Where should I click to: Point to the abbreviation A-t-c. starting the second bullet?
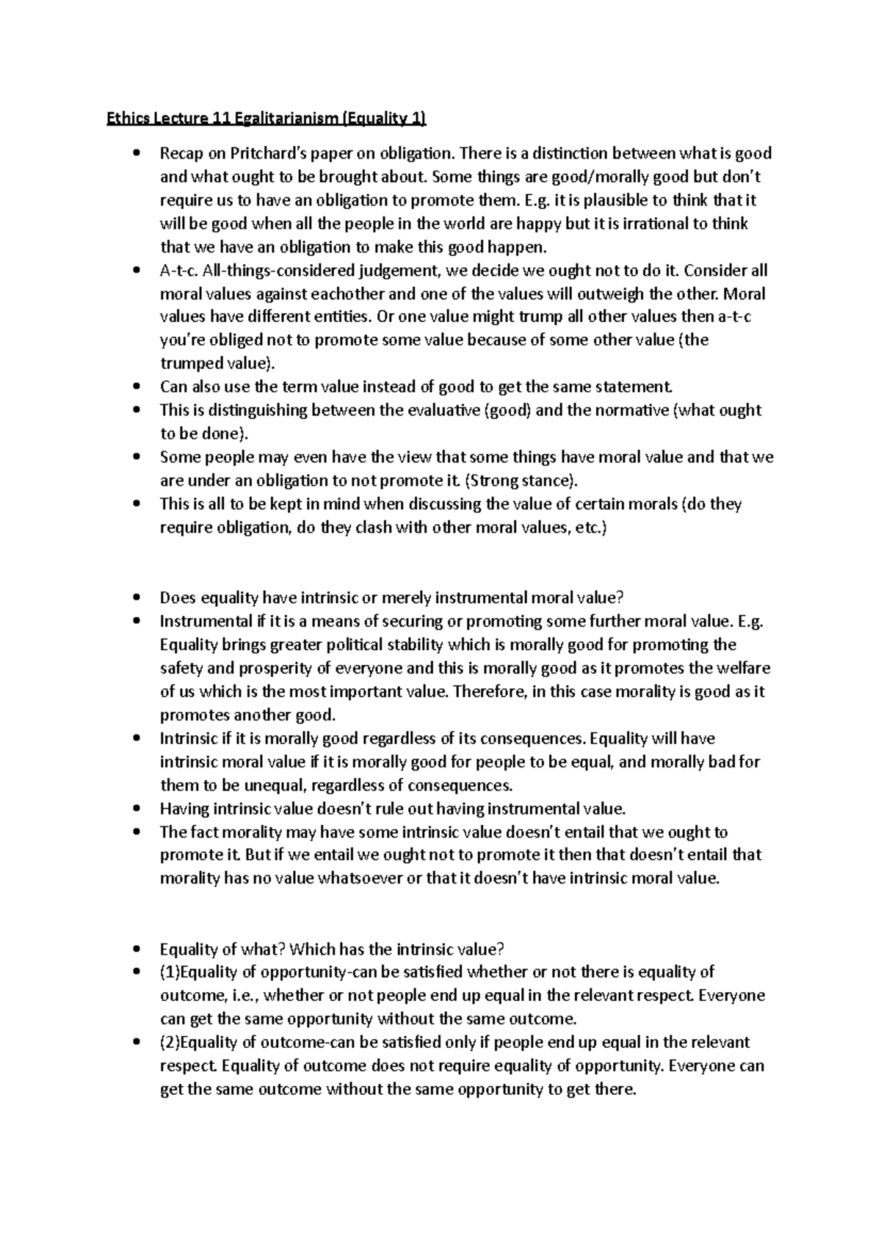pos(178,271)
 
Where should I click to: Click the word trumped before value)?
pos(191,364)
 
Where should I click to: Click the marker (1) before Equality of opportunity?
pos(170,972)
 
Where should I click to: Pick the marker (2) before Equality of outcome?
pos(170,1043)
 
